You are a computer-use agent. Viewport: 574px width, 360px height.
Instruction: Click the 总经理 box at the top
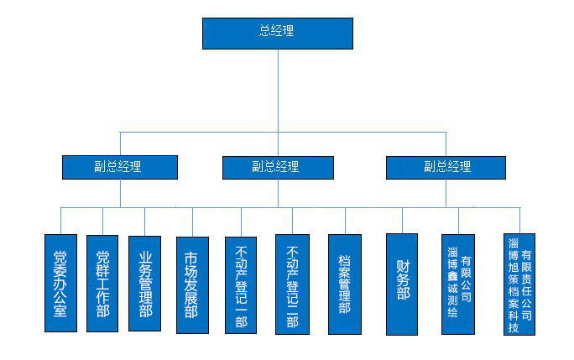(277, 33)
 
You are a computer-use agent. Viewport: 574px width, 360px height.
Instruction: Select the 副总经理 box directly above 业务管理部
(120, 167)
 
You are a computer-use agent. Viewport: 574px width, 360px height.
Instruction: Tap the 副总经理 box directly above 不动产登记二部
(278, 167)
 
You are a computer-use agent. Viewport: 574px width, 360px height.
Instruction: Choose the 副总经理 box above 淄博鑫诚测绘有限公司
(446, 167)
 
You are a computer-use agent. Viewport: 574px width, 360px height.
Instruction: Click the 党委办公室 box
(60, 284)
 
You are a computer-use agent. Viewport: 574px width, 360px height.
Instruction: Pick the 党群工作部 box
(102, 284)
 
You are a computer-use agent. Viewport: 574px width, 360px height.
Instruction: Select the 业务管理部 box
(145, 283)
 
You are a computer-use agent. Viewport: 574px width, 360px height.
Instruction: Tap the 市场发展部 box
(192, 285)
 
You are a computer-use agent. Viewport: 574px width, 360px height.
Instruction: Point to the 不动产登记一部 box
(241, 285)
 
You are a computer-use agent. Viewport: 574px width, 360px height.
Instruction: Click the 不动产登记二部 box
(292, 285)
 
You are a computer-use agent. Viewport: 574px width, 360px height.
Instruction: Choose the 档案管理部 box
(345, 284)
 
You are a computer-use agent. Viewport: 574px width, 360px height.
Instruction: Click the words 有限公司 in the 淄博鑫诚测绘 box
(467, 279)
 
